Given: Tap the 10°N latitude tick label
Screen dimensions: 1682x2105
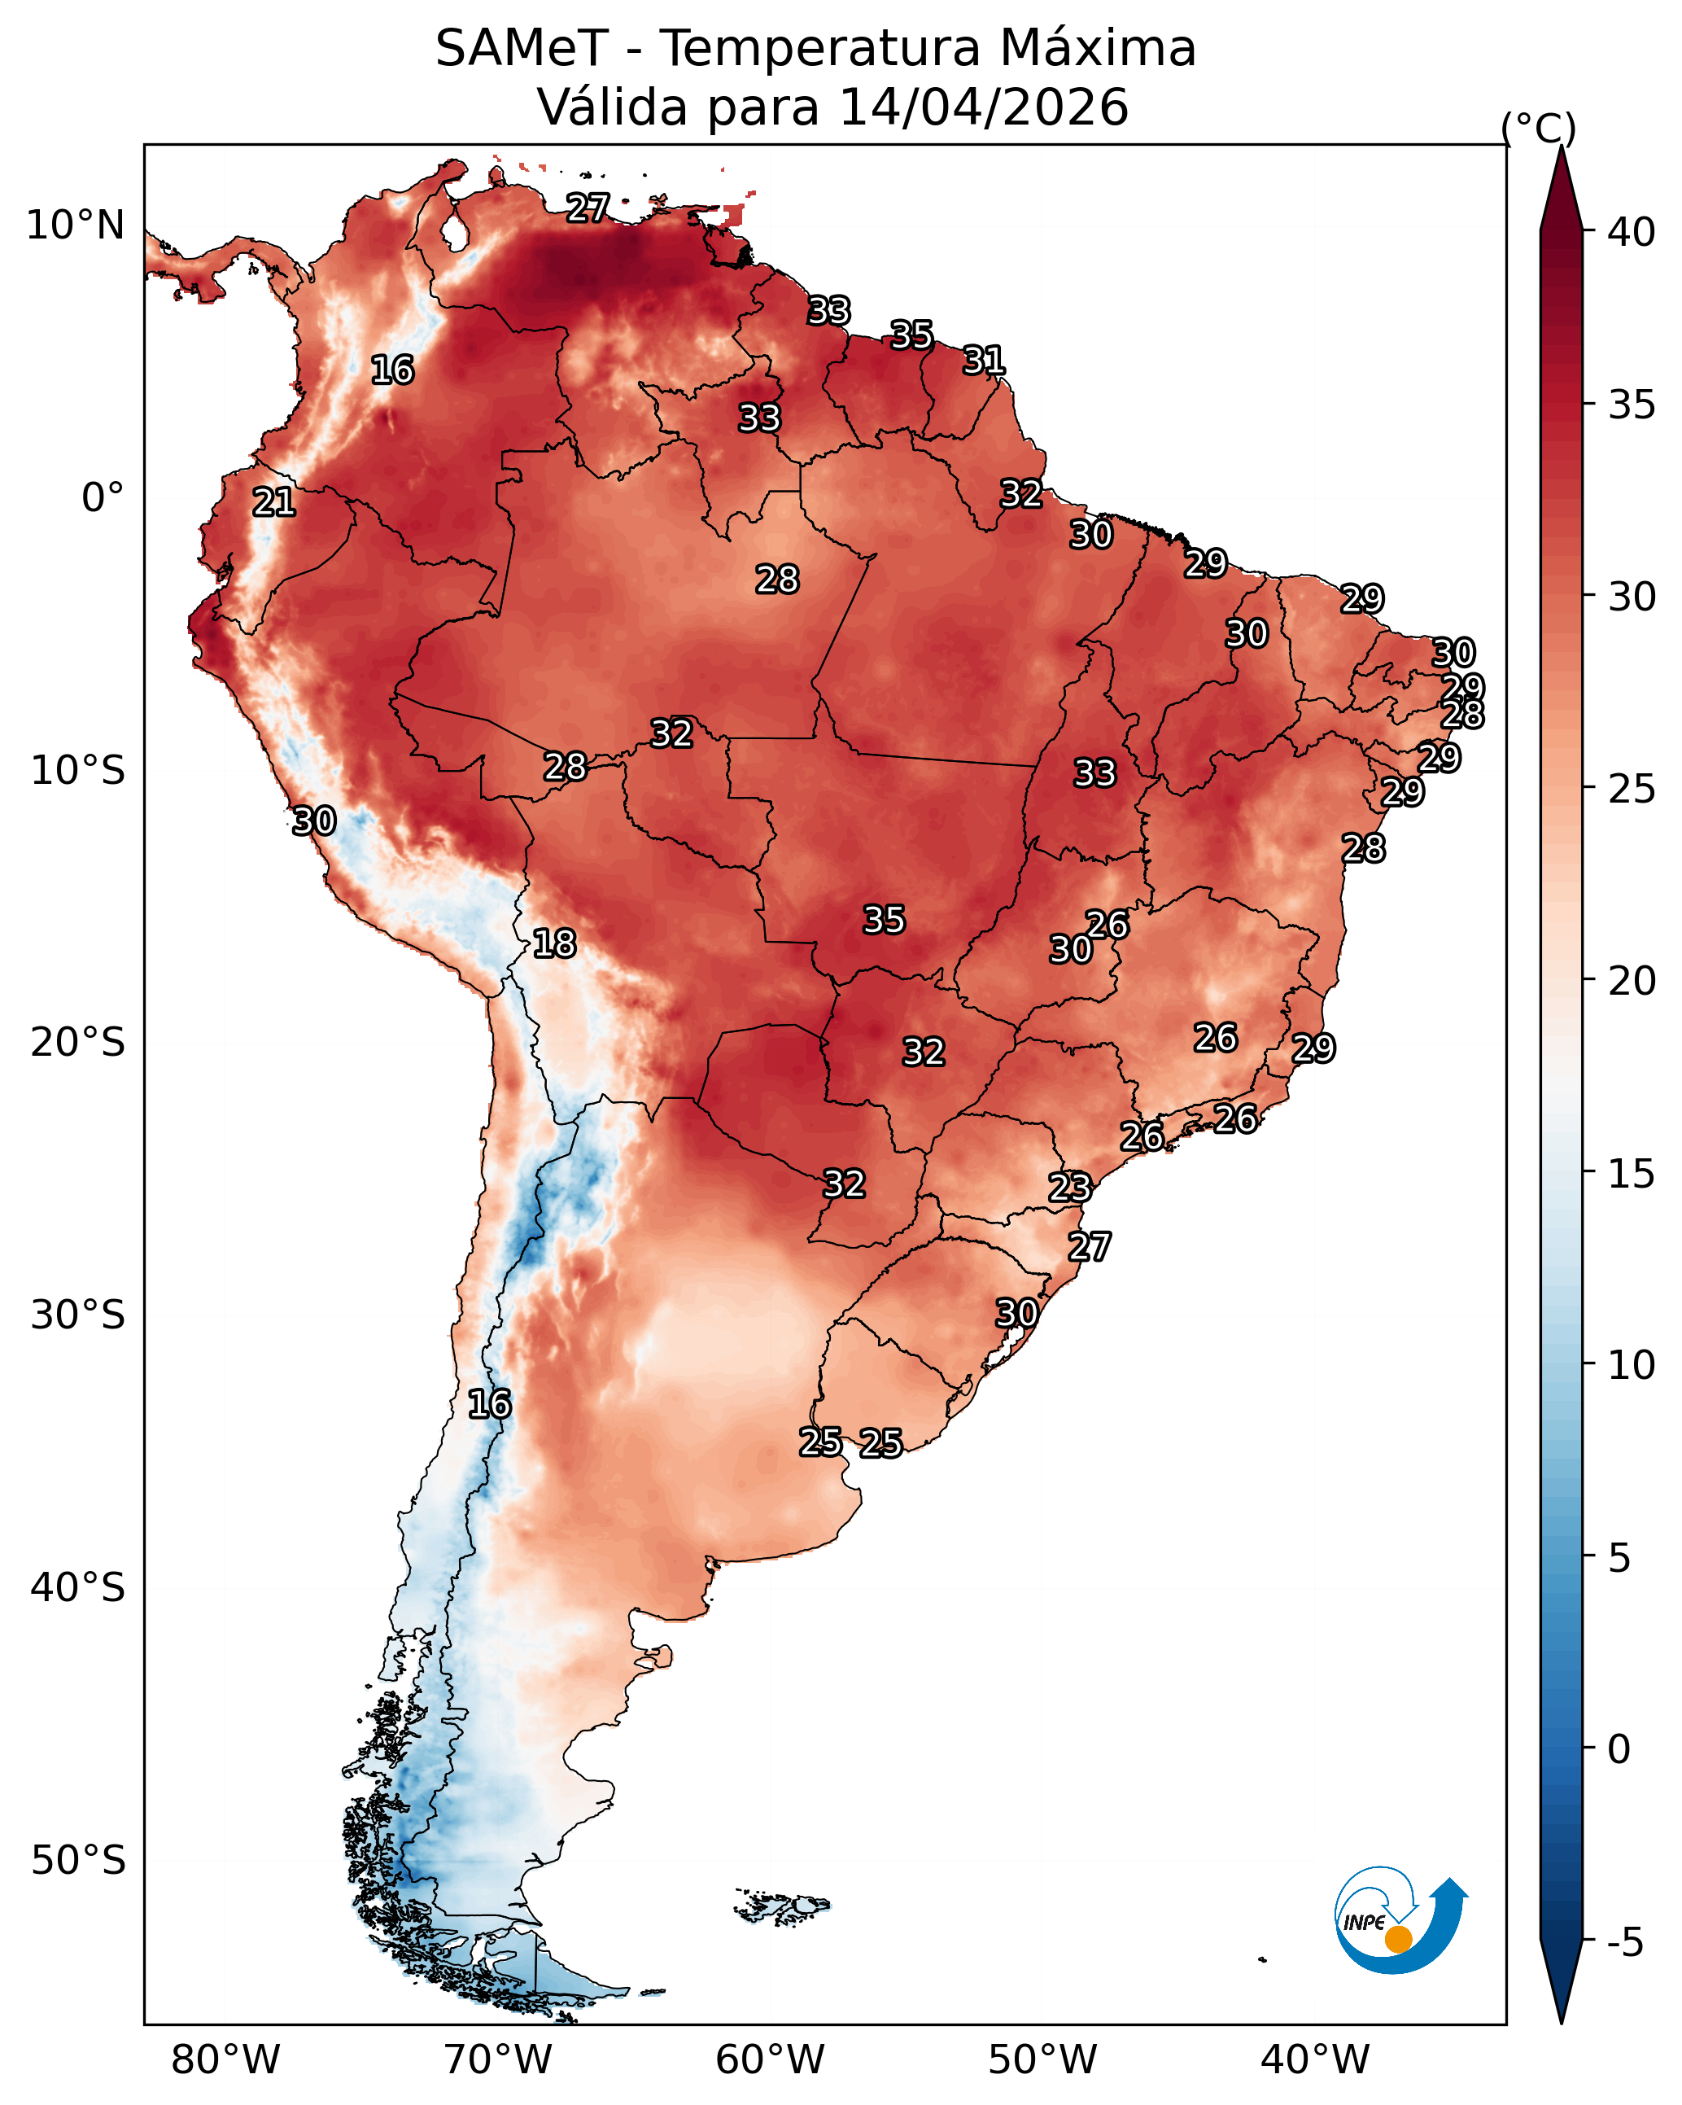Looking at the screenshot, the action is (75, 225).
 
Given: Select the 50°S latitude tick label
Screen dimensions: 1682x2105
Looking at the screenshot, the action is (78, 1861).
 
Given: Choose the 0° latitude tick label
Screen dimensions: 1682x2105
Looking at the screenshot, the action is (103, 498).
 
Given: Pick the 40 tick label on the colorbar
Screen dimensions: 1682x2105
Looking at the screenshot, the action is (1632, 232).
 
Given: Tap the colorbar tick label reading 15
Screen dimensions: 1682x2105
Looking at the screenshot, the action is (1632, 1174).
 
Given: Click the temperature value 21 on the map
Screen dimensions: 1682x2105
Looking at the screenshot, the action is (274, 503).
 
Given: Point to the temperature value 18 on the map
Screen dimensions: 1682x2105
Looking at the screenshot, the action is (554, 944).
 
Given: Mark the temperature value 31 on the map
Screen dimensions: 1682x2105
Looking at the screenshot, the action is (984, 361).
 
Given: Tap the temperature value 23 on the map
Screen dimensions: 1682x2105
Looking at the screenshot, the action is (1070, 1188).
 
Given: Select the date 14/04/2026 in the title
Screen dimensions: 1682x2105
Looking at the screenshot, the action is (984, 107).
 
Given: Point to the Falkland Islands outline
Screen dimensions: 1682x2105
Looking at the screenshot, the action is (782, 1905).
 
